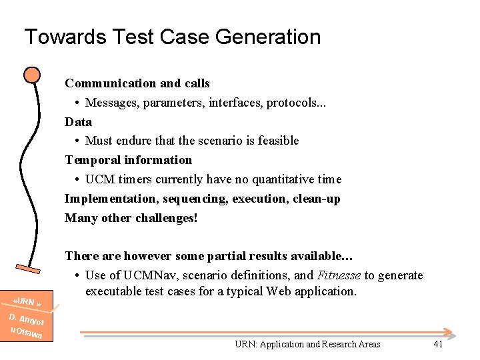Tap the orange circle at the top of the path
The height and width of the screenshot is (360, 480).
coord(31,75)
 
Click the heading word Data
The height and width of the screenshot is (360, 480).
coord(78,122)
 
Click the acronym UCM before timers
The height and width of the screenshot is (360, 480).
coord(99,179)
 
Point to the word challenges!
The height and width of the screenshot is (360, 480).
coord(167,218)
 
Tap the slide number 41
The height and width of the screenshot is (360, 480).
coord(438,344)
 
